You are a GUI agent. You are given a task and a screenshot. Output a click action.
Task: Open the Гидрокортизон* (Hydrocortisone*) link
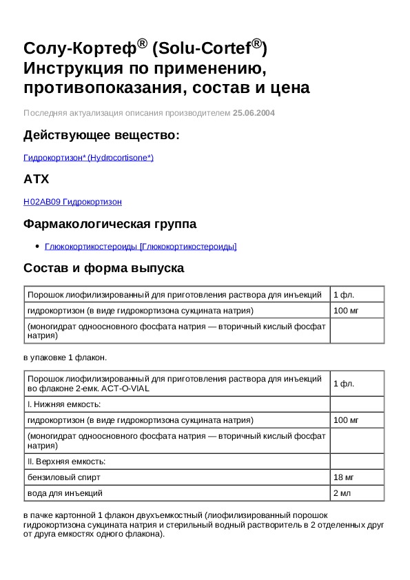coord(88,158)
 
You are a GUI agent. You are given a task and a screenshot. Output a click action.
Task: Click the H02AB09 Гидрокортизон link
coord(72,202)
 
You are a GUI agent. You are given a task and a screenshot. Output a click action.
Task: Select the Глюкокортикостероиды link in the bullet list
coord(141,246)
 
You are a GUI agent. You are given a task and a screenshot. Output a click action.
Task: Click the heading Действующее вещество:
coord(101,135)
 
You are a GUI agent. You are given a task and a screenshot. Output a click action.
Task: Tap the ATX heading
coord(37,179)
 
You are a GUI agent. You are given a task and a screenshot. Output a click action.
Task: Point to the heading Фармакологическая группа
coord(110,223)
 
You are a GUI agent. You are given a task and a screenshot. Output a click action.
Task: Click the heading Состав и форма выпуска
coord(103,267)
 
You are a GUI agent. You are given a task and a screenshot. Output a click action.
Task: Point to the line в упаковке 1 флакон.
coord(65,358)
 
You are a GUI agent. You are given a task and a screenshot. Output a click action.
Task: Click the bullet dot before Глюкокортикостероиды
coord(37,247)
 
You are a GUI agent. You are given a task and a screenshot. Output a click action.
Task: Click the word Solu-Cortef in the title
coord(203,49)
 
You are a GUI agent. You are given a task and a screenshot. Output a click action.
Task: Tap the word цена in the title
coord(287,88)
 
